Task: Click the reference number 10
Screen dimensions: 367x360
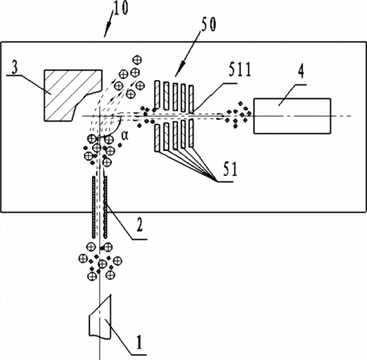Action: [121, 8]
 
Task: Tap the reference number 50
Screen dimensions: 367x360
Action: [209, 25]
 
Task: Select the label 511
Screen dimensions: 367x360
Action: [240, 70]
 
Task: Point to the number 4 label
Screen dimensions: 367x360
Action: [301, 71]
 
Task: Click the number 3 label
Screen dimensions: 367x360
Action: [15, 67]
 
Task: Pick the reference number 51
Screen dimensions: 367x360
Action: [230, 169]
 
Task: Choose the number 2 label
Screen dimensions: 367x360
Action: [139, 225]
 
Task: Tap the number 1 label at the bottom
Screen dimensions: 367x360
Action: [138, 342]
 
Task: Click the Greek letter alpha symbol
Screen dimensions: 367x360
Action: [125, 136]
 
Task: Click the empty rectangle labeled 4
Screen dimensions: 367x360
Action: [292, 116]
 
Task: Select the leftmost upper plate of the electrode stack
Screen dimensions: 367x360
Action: [157, 94]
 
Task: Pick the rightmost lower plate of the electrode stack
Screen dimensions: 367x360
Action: [191, 134]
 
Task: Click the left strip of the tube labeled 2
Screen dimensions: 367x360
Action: [94, 207]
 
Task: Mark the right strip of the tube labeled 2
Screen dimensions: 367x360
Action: [106, 207]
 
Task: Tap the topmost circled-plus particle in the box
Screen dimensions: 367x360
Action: [138, 60]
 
